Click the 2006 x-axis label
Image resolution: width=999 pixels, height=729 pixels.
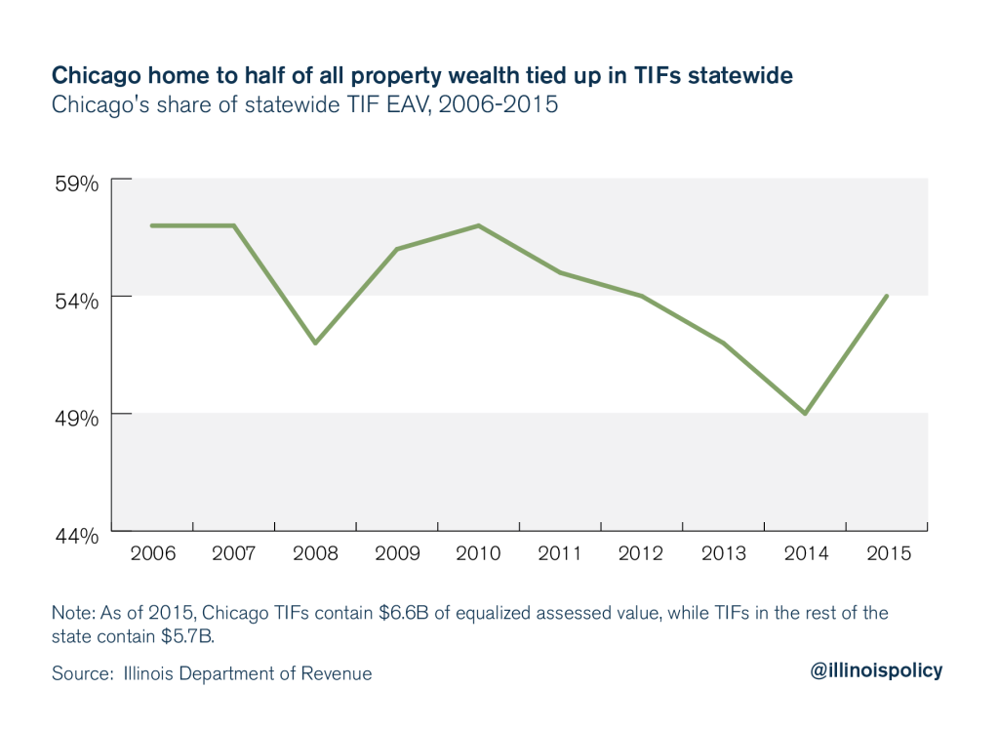click(152, 553)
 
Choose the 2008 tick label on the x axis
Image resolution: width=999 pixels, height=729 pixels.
click(315, 553)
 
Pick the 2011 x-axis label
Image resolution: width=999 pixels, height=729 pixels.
click(560, 553)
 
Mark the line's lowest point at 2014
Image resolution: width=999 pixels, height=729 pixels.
click(805, 414)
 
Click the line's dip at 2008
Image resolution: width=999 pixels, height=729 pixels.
click(315, 344)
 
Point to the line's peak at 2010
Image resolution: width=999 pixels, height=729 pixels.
click(478, 225)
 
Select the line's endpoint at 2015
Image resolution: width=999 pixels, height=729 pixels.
click(886, 296)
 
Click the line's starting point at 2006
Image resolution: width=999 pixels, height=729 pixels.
click(152, 225)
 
